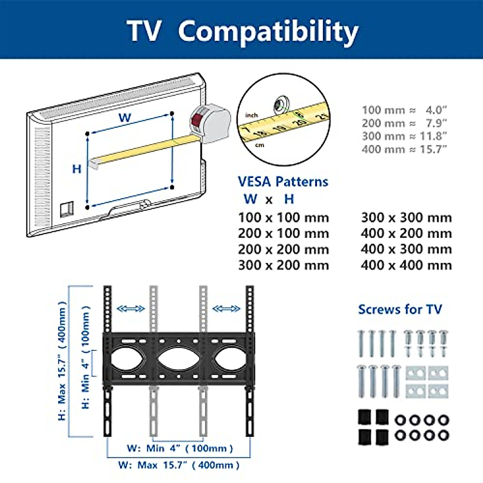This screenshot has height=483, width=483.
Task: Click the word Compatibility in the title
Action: coord(268,31)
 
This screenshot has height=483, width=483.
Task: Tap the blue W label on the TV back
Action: coord(125,118)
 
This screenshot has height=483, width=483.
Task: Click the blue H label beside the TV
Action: coord(77,169)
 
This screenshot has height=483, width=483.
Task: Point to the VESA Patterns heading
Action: coord(283,182)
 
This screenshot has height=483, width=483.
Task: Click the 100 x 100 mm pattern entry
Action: coord(283,218)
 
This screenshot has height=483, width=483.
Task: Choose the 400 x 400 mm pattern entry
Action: coord(406,265)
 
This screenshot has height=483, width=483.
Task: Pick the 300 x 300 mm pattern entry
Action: coord(406,218)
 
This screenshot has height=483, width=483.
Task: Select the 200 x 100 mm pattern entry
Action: coord(283,233)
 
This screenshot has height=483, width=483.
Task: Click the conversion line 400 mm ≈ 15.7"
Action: coord(404,149)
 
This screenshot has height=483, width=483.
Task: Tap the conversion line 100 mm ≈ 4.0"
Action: coord(404,110)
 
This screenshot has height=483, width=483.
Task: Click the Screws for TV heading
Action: coord(400,309)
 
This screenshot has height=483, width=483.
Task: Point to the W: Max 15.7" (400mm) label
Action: coord(179,465)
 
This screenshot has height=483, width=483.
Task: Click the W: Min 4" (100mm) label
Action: coord(180,448)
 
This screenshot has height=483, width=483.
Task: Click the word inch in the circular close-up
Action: coord(252,115)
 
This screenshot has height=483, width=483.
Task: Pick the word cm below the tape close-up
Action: coord(260,145)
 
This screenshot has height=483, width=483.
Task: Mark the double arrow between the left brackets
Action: coord(130,309)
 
